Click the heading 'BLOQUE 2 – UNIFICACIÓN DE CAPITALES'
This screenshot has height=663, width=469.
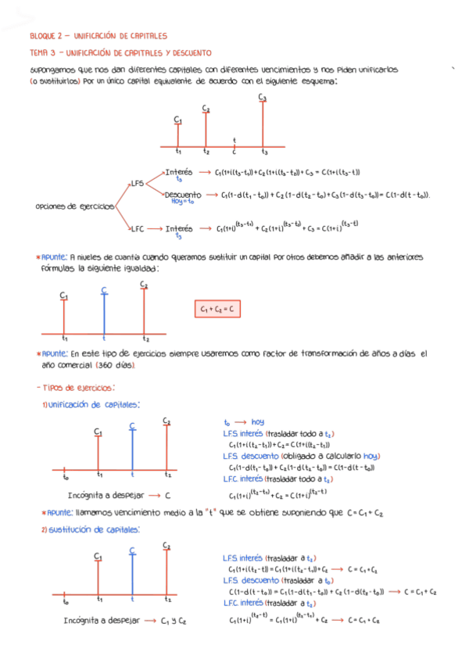pos(98,36)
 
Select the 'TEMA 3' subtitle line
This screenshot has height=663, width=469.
pos(120,53)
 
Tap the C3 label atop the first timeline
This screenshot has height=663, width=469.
pos(262,98)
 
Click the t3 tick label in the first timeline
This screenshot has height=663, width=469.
pos(264,152)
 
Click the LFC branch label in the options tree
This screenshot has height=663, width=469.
pos(137,229)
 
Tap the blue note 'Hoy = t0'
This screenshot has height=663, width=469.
pos(182,202)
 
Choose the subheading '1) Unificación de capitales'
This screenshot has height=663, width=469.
pos(91,404)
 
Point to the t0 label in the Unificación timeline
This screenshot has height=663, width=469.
pos(66,476)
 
